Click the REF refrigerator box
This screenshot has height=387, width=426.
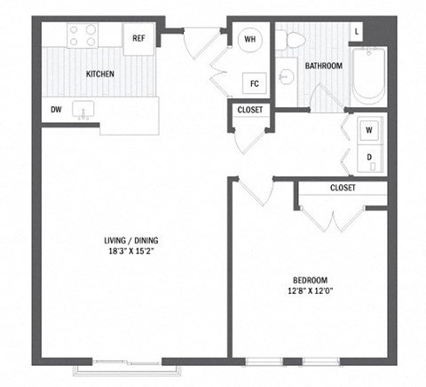tap(139, 40)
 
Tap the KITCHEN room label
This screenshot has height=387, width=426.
tap(99, 74)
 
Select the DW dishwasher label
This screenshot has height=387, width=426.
tap(55, 110)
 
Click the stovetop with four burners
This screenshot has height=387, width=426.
tap(83, 35)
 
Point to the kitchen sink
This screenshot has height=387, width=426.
tap(87, 111)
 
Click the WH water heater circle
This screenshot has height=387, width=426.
tap(249, 39)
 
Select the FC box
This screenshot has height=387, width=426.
tap(254, 85)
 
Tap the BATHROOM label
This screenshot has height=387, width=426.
tap(323, 66)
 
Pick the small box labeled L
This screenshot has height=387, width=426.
tap(357, 32)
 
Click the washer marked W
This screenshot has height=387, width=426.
tap(368, 129)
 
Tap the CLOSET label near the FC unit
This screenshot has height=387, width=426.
tap(249, 110)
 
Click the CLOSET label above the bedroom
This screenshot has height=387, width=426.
tap(342, 189)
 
